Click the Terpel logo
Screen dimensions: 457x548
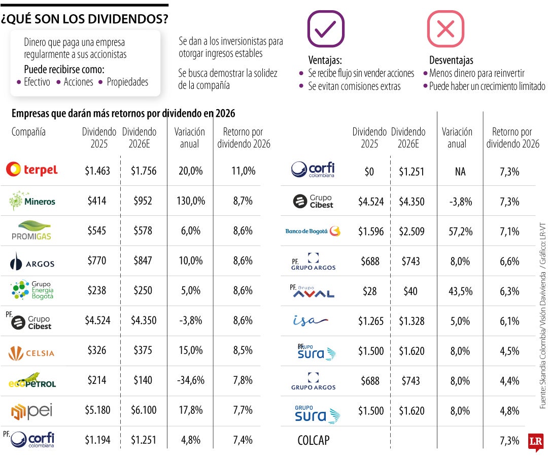click(31, 170)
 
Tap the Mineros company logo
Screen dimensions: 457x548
click(32, 201)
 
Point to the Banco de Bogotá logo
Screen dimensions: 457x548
click(313, 232)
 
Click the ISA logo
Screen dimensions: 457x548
click(311, 320)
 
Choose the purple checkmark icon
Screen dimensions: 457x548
click(326, 29)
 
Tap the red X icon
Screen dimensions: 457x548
click(445, 29)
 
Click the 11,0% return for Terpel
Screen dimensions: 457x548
click(244, 171)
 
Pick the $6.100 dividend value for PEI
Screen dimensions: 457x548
click(144, 410)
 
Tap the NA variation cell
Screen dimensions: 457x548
click(460, 172)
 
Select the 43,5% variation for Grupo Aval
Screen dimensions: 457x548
click(460, 291)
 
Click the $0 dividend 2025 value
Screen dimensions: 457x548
click(369, 172)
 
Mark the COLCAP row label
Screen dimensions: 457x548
click(313, 440)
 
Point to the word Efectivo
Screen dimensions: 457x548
click(37, 82)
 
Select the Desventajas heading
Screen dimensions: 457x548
click(451, 60)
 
